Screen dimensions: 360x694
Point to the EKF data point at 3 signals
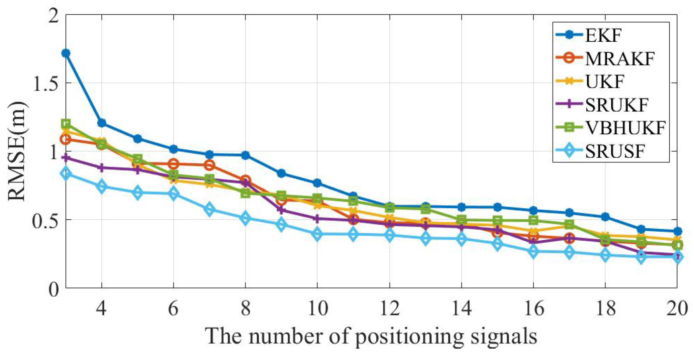[x=66, y=53]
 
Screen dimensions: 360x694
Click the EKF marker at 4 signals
[x=102, y=123]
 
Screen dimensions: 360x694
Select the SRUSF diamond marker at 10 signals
[x=317, y=234]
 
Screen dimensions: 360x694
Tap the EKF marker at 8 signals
[x=245, y=155]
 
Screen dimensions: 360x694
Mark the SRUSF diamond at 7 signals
[x=210, y=209]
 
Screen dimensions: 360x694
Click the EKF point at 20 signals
[x=677, y=231]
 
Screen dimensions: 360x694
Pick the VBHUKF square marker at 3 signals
[x=66, y=124]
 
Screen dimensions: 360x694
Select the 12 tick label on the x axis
[x=390, y=309]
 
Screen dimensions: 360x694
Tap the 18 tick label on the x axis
[x=606, y=309]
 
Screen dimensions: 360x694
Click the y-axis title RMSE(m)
[x=17, y=151]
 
